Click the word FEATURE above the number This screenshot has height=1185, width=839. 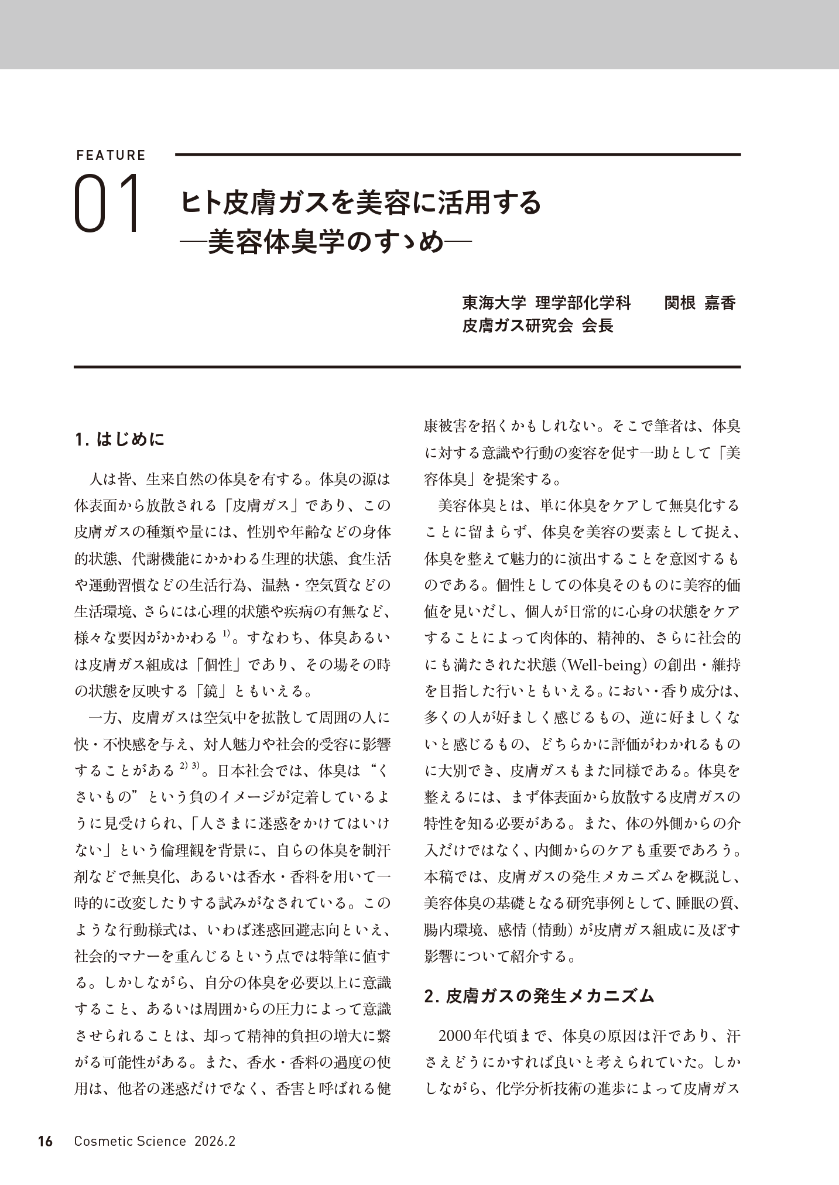point(111,155)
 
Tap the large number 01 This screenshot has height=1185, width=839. point(109,204)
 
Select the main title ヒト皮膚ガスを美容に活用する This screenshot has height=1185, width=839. point(361,203)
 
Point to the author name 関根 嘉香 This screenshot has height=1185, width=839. point(700,303)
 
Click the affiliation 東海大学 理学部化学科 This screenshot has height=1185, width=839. point(547,303)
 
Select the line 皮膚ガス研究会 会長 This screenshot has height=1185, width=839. point(537,326)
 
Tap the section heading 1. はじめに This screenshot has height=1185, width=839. point(120,439)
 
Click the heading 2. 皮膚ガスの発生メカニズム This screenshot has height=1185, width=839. point(539,996)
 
